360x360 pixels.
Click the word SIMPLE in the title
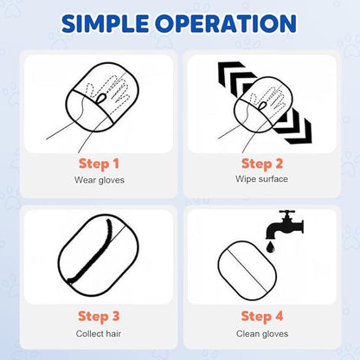click(105, 22)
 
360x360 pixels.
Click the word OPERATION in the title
click(226, 22)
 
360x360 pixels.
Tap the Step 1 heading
click(99, 164)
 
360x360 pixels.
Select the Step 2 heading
click(262, 164)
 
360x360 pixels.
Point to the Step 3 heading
click(99, 317)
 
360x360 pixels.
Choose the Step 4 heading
click(262, 316)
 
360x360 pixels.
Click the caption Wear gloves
click(100, 180)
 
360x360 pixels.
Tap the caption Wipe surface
click(261, 179)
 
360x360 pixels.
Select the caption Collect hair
click(99, 333)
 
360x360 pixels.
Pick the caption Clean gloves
click(262, 334)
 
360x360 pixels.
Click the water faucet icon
click(284, 225)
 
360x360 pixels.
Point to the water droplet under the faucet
click(270, 247)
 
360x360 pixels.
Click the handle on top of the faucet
click(287, 212)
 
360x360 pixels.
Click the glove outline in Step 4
click(247, 270)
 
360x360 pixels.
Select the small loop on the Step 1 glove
click(101, 99)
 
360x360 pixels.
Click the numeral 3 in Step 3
click(115, 316)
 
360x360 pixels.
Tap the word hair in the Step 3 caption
click(113, 333)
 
